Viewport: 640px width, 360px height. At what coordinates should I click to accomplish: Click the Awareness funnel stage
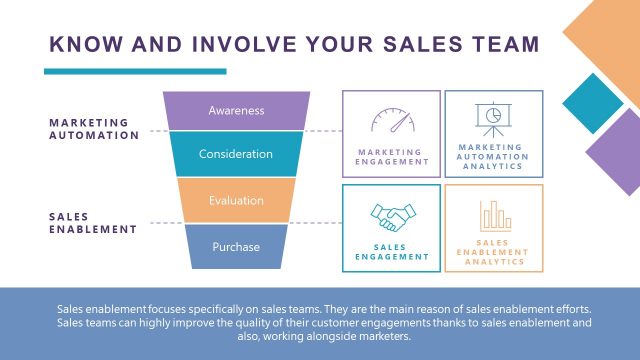(x=236, y=110)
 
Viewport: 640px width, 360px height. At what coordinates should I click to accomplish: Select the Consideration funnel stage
(x=236, y=154)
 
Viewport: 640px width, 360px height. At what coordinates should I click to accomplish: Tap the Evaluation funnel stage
(x=236, y=200)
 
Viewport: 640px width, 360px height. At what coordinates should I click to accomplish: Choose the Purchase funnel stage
(x=236, y=246)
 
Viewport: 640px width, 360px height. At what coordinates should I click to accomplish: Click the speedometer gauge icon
(x=391, y=122)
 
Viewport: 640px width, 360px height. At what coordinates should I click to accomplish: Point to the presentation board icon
(x=492, y=119)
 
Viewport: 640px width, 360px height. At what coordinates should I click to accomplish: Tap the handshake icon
(x=391, y=217)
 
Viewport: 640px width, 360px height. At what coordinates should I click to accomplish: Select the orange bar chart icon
(x=494, y=215)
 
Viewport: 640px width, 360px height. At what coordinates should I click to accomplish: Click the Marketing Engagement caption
(x=391, y=157)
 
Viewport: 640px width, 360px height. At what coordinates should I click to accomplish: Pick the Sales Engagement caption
(x=391, y=251)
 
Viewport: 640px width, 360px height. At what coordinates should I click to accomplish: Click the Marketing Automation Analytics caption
(x=492, y=156)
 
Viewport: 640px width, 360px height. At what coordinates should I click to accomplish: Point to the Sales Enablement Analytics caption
(x=494, y=251)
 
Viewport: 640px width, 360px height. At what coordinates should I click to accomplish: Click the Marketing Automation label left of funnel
(x=94, y=129)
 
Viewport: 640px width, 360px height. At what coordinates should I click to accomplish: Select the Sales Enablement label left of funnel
(x=92, y=222)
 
